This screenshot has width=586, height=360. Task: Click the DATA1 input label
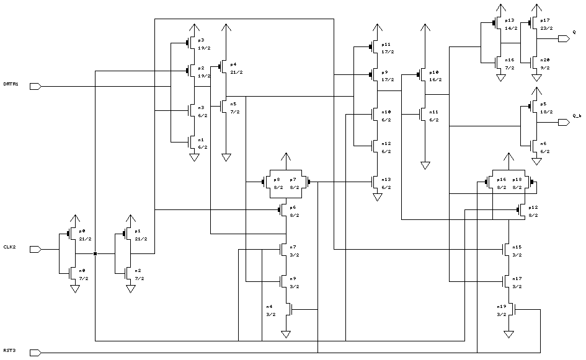pyautogui.click(x=11, y=84)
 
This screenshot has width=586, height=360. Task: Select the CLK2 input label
pyautogui.click(x=9, y=247)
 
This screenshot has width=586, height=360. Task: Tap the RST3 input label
pyautogui.click(x=9, y=351)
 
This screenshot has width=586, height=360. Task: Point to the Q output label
pyautogui.click(x=574, y=32)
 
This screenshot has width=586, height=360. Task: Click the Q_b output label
pyautogui.click(x=576, y=115)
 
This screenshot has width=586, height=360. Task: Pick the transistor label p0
pyautogui.click(x=82, y=231)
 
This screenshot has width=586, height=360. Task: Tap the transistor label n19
pyautogui.click(x=502, y=306)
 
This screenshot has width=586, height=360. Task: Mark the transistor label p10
pyautogui.click(x=433, y=72)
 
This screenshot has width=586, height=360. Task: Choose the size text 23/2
pyautogui.click(x=545, y=28)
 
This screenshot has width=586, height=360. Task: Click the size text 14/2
pyautogui.click(x=509, y=28)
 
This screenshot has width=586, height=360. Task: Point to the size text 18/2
pyautogui.click(x=545, y=112)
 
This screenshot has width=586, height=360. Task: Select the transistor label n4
pyautogui.click(x=269, y=307)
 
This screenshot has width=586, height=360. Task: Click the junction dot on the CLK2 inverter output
pyautogui.click(x=95, y=253)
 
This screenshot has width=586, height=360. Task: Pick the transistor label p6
pyautogui.click(x=291, y=208)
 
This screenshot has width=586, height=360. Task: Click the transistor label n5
pyautogui.click(x=233, y=104)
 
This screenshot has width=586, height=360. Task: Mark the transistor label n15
pyautogui.click(x=517, y=247)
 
